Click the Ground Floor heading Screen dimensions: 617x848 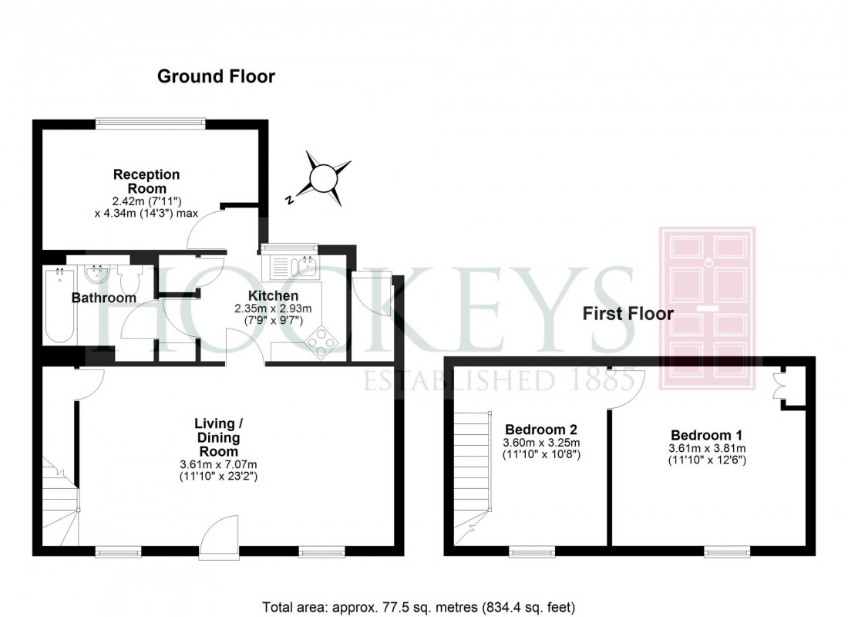(x=216, y=76)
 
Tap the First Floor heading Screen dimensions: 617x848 (x=628, y=314)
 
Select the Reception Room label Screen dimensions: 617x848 (x=146, y=181)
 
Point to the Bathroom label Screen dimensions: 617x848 (x=104, y=298)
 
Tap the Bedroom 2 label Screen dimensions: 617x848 (x=541, y=430)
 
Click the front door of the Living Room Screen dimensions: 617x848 (x=220, y=532)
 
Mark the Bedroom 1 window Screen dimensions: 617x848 (x=727, y=550)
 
